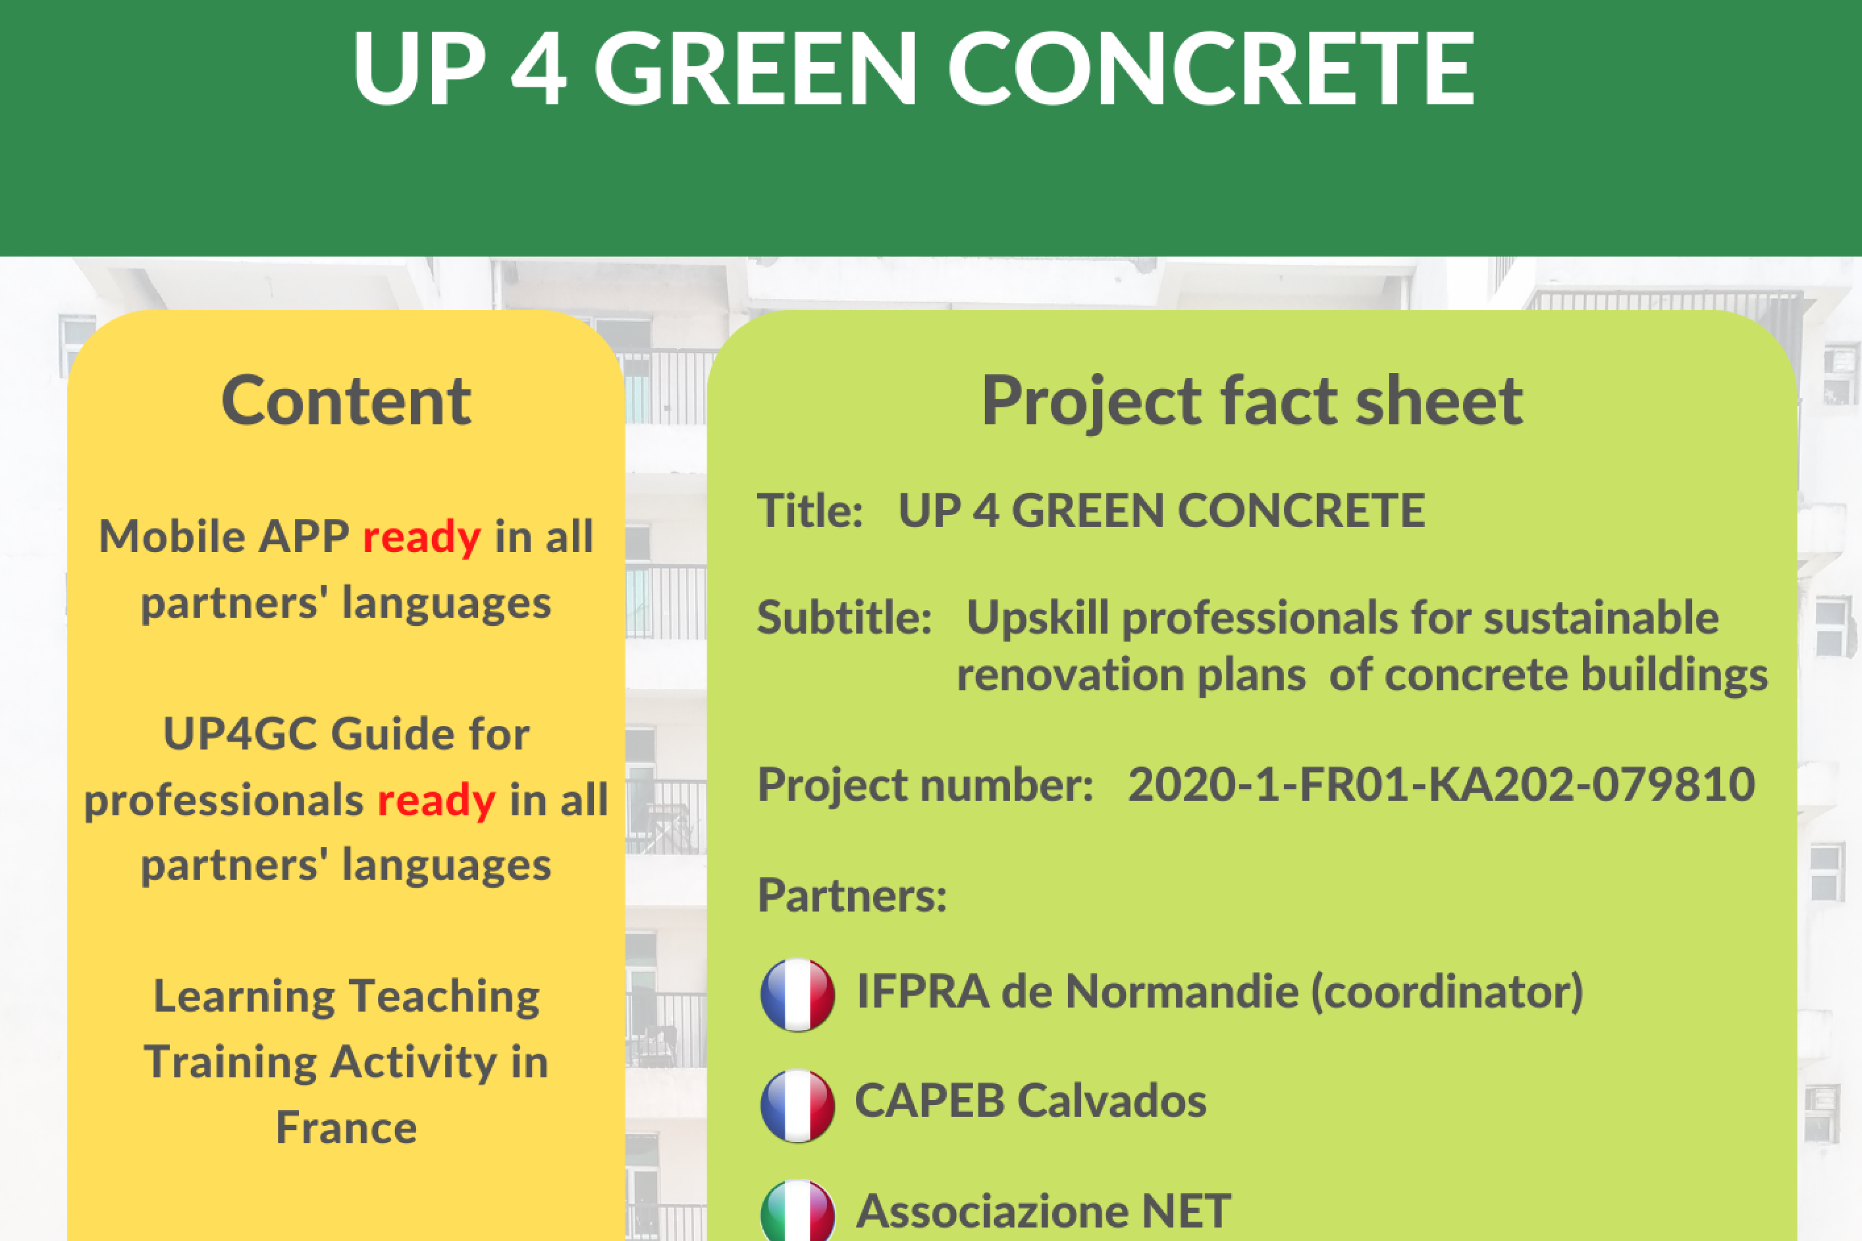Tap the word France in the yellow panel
(x=346, y=1128)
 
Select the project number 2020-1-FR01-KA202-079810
(x=1441, y=784)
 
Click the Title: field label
(x=809, y=510)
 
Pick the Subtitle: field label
(x=844, y=617)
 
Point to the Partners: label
(x=852, y=895)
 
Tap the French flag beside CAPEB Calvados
(x=797, y=1106)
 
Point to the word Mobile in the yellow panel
(x=172, y=537)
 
